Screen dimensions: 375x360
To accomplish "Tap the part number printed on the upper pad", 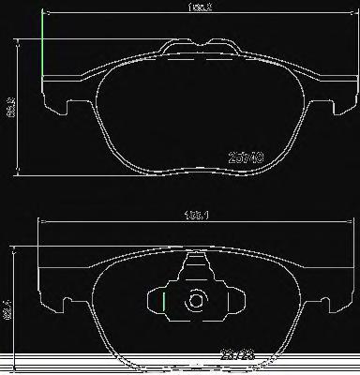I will click(245, 159).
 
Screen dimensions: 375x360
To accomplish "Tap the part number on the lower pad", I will click(232, 353).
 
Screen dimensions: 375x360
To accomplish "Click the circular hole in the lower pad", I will click(196, 302).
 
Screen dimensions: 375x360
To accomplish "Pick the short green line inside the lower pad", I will click(164, 303).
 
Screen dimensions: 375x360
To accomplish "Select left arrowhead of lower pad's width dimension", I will click(40, 220).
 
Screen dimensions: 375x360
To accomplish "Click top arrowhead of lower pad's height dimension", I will click(13, 247).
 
